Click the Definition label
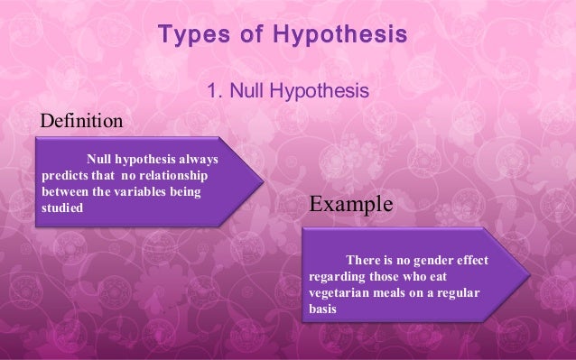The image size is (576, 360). pyautogui.click(x=79, y=120)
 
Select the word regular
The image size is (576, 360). pyautogui.click(x=459, y=292)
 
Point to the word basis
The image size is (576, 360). pyautogui.click(x=322, y=309)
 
